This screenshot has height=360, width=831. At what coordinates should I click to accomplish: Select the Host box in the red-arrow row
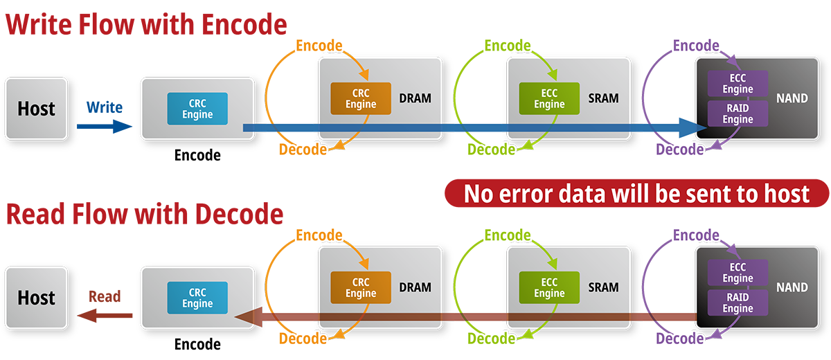[37, 298]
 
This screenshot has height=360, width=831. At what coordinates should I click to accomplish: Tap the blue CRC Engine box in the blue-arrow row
[197, 109]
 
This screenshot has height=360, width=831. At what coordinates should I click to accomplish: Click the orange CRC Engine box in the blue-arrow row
[360, 98]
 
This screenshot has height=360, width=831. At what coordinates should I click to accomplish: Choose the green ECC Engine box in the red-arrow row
[549, 288]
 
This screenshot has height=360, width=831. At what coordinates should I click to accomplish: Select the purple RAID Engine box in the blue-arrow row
[738, 114]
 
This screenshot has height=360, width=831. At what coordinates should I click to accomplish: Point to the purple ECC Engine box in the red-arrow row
[738, 273]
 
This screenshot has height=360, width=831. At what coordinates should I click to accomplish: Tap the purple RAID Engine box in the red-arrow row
[738, 303]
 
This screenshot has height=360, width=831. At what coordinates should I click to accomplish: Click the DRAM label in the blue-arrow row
[415, 98]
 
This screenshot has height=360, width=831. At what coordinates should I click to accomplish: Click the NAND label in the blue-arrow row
[792, 98]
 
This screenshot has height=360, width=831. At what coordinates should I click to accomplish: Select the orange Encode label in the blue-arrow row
[319, 46]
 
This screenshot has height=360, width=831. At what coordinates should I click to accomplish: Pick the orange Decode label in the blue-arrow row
[303, 150]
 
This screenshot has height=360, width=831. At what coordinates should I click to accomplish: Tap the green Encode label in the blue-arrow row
[508, 46]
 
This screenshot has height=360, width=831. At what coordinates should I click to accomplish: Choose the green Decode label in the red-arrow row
[492, 339]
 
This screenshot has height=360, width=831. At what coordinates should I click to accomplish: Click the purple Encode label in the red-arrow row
[696, 235]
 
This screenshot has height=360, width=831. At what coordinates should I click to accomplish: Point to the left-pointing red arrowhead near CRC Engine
[244, 318]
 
